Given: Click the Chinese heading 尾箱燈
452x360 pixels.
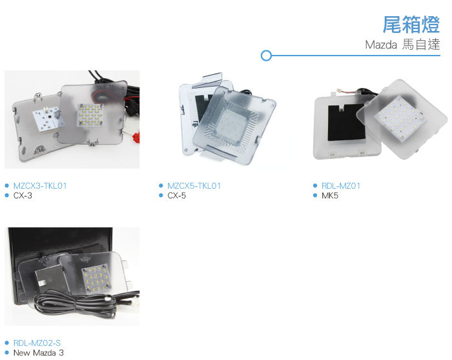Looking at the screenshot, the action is (x=411, y=25).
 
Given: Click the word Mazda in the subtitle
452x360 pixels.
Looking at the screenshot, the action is (x=381, y=45).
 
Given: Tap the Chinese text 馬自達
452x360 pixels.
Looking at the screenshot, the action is (x=421, y=45).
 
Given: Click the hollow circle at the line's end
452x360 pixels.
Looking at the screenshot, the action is (x=266, y=56).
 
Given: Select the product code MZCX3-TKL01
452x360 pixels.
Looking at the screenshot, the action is (x=40, y=185).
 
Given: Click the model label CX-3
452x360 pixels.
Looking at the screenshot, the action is (x=23, y=196).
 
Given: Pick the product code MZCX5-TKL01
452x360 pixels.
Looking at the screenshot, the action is (x=194, y=185).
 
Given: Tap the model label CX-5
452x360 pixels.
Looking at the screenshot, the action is (x=177, y=196).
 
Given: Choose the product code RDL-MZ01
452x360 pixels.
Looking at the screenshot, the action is (x=341, y=185).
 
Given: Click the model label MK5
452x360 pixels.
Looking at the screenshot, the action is (x=330, y=196).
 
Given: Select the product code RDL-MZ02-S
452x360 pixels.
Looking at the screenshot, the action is (x=37, y=343).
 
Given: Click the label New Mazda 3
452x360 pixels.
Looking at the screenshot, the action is (x=38, y=353).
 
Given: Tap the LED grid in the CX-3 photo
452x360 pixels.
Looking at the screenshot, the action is (x=90, y=114).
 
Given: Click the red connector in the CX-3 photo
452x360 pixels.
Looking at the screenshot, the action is (x=136, y=137).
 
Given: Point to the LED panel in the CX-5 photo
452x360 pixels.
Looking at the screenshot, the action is (x=231, y=125).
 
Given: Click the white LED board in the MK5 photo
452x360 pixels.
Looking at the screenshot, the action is (x=401, y=118).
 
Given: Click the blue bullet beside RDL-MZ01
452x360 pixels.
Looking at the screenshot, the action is (x=315, y=185).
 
